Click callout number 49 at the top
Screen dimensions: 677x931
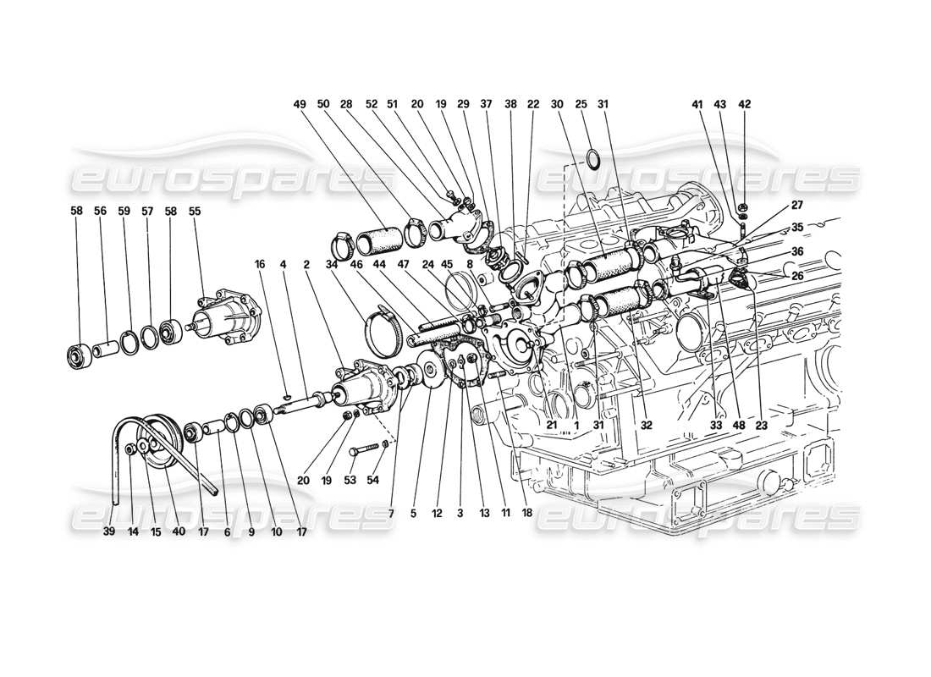click(x=299, y=104)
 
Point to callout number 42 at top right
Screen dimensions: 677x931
click(x=745, y=104)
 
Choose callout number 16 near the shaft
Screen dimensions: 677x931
click(x=261, y=263)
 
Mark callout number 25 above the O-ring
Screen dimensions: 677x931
click(x=581, y=104)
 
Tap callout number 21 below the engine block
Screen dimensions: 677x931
click(x=551, y=427)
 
